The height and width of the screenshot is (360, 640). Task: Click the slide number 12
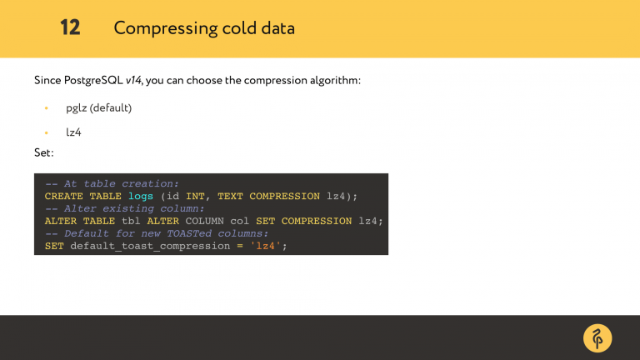point(70,27)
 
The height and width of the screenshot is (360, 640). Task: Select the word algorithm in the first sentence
point(335,81)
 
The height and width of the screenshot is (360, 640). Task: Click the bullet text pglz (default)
point(99,108)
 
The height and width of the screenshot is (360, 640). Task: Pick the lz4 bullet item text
point(74,132)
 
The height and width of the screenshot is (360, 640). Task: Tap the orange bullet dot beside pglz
point(47,108)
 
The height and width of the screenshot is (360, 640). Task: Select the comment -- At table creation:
point(112,184)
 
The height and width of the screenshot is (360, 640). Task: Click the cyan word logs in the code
point(141,197)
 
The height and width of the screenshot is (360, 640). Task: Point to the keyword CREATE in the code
point(64,197)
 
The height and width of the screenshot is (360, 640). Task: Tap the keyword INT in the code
point(195,197)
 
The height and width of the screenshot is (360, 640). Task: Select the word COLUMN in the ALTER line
point(204,221)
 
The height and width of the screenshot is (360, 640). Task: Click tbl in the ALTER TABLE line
point(131,221)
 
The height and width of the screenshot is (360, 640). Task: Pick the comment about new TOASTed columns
point(157,233)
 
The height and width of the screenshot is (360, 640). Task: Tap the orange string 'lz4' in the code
point(268,246)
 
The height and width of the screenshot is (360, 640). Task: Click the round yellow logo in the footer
point(597,337)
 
